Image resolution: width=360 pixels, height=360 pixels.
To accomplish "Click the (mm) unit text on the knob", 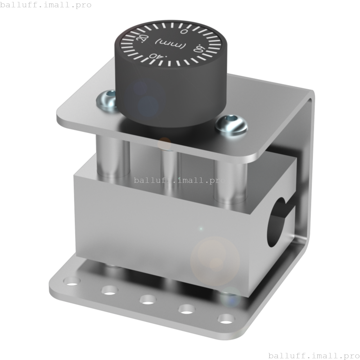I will [x=170, y=44].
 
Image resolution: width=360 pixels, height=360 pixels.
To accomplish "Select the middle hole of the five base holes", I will [x=148, y=299].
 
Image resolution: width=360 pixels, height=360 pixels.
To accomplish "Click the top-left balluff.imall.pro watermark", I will [x=46, y=5].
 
